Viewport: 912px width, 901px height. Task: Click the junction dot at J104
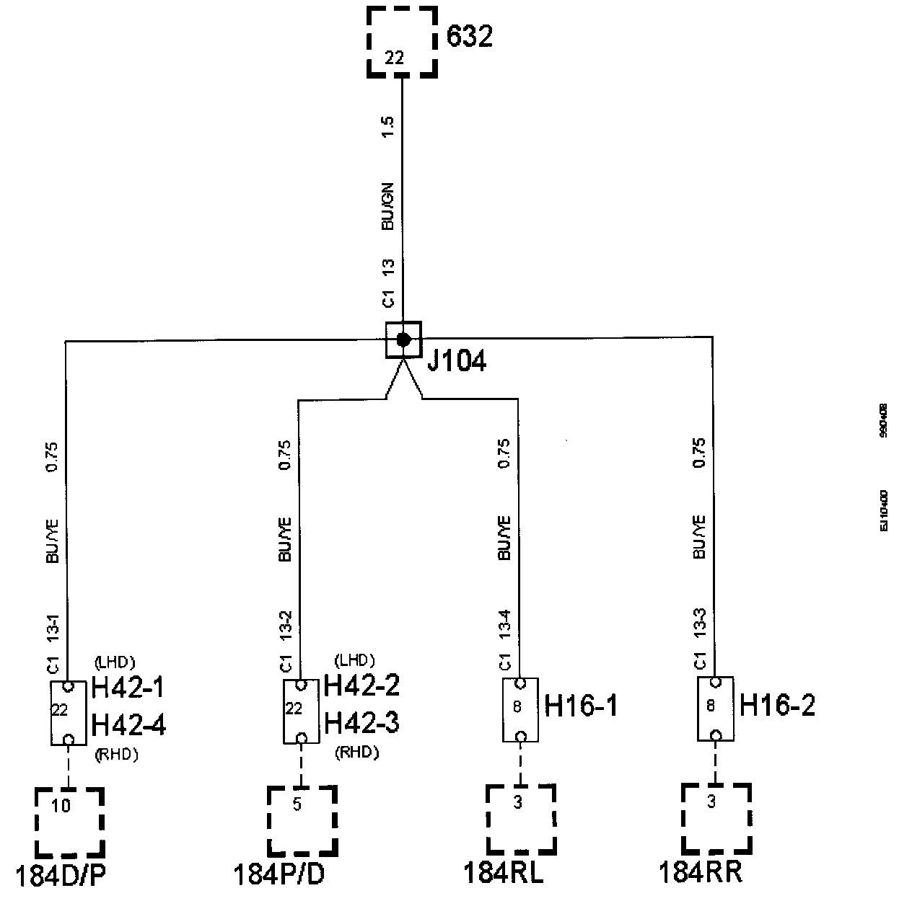tap(403, 339)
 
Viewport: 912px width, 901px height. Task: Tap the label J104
tap(456, 360)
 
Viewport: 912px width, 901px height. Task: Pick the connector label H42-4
tap(129, 724)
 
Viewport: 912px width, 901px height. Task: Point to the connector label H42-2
tap(361, 685)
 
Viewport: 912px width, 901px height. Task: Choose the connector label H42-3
tap(361, 722)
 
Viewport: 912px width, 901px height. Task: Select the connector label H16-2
tap(778, 706)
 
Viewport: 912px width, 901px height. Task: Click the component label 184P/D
tap(279, 875)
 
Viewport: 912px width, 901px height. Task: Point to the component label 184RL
tap(504, 873)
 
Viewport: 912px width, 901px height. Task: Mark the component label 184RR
tap(700, 873)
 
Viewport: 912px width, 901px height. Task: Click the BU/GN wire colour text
tap(387, 207)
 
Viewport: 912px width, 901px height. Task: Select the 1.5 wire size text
tap(387, 127)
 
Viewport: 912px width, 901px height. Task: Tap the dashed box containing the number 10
tap(69, 822)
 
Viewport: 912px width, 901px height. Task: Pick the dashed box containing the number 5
tap(302, 820)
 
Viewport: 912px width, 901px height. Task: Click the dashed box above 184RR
tap(716, 818)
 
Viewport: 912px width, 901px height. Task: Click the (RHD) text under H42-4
tap(116, 755)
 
